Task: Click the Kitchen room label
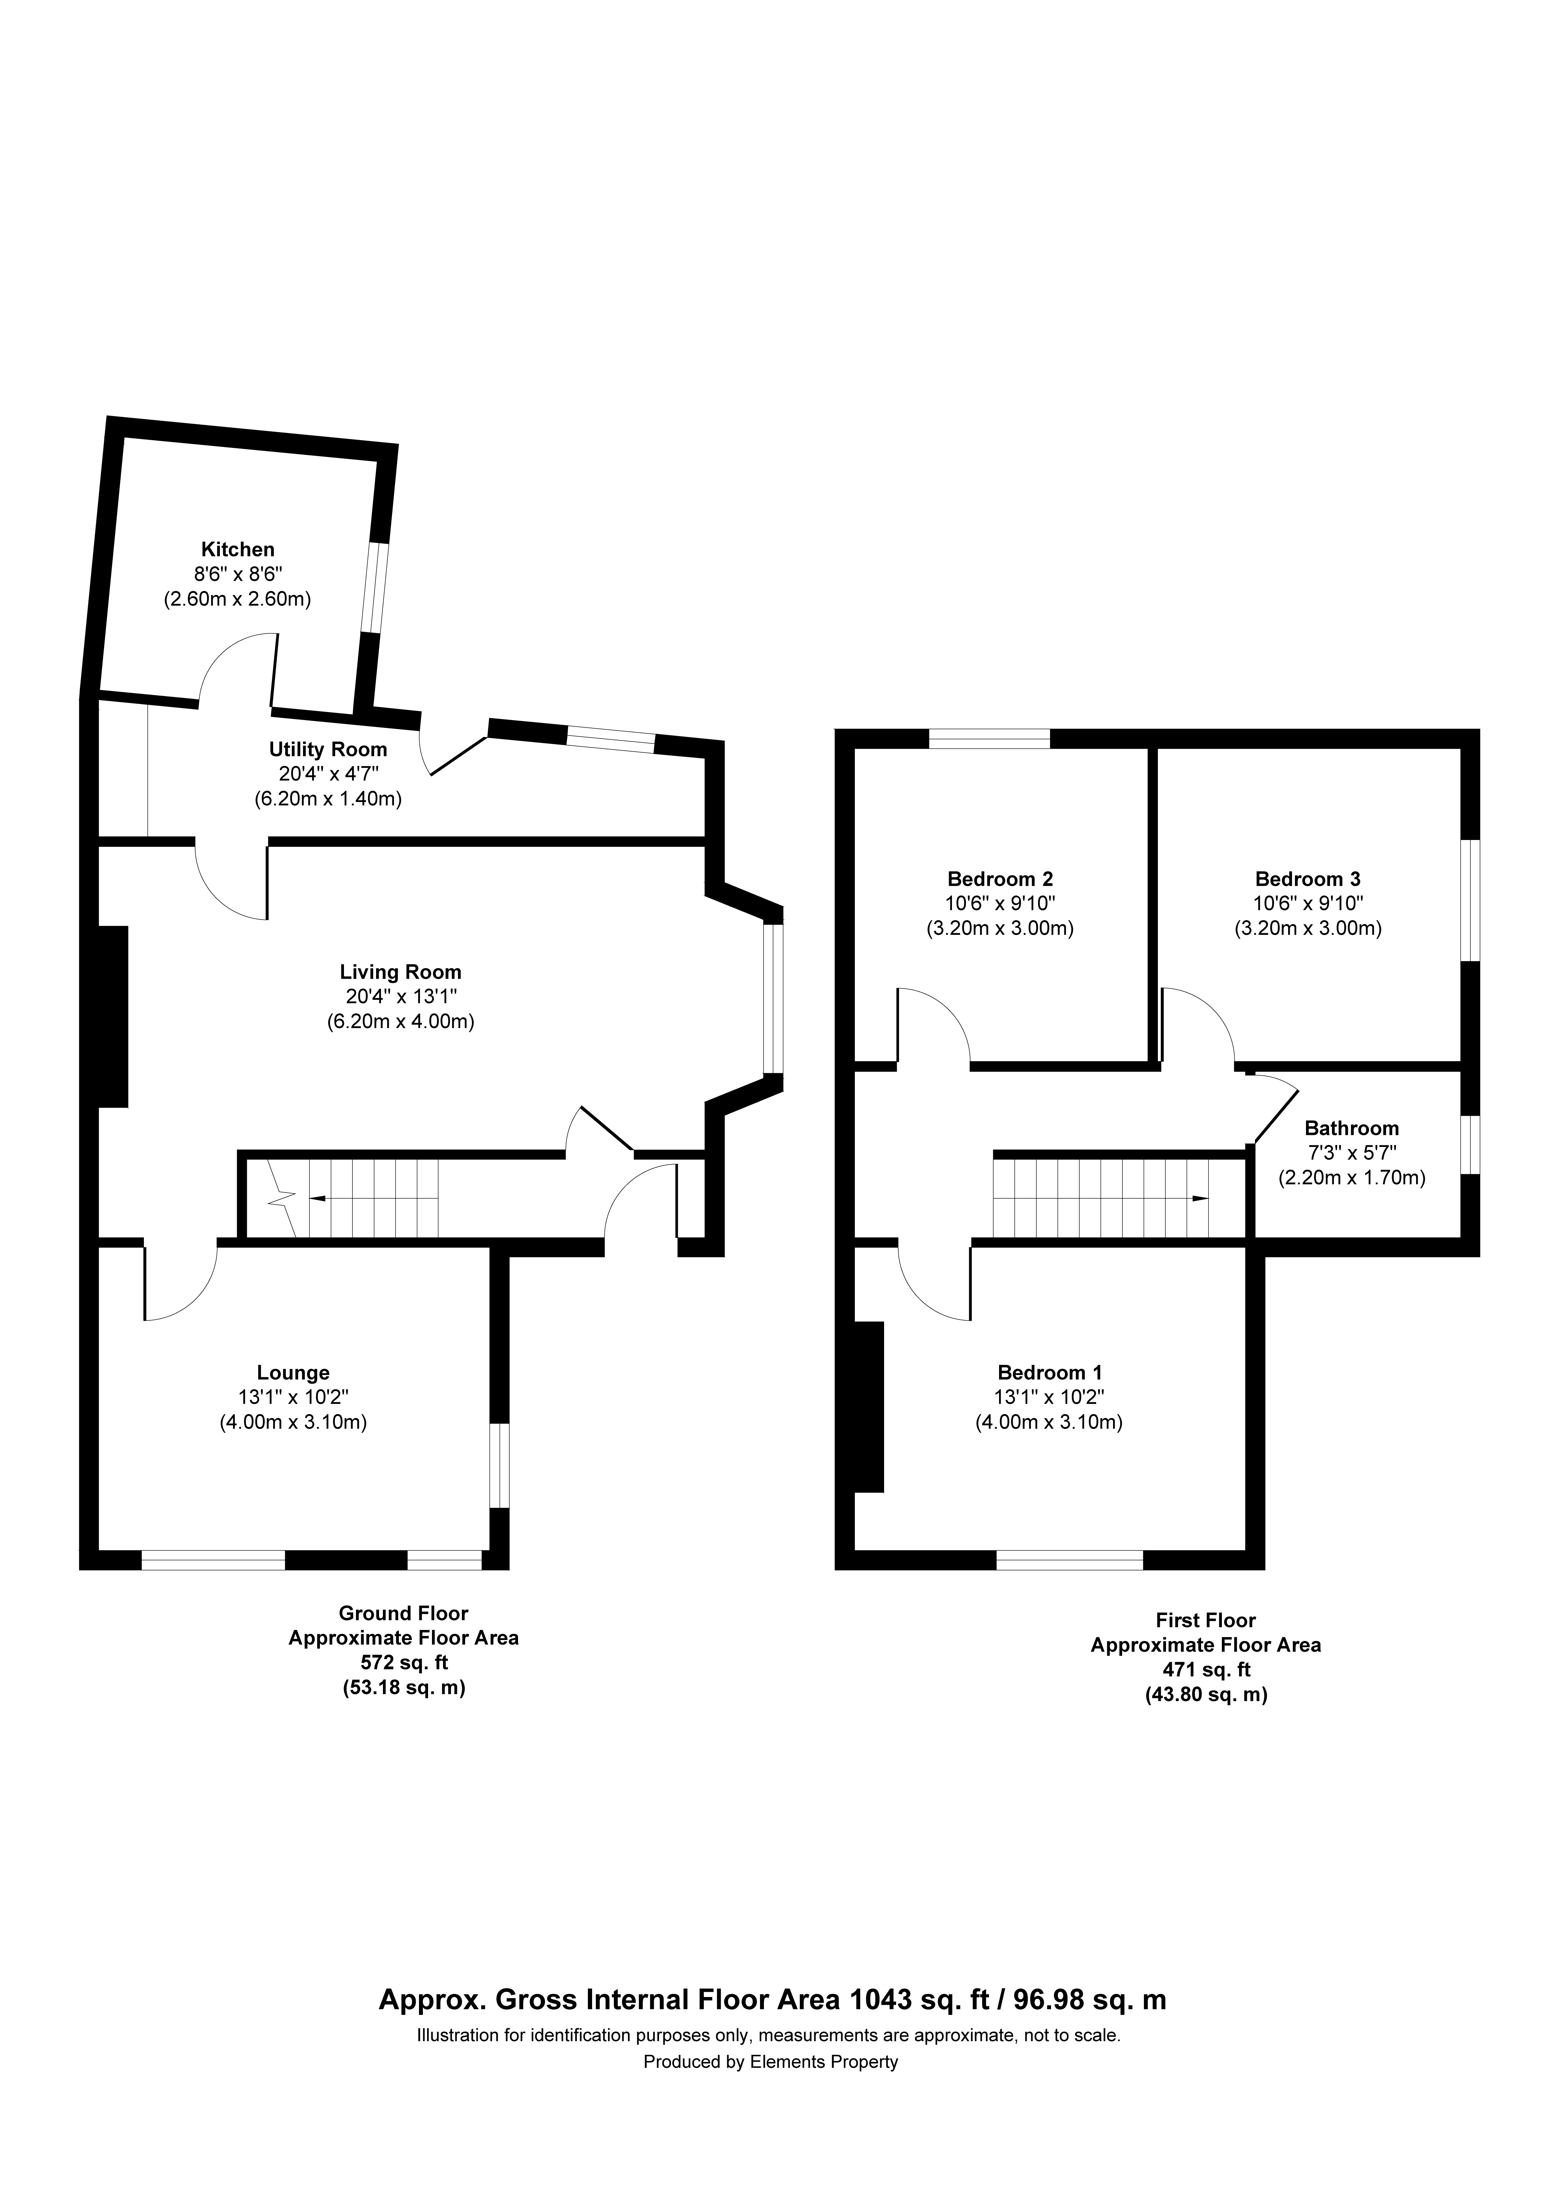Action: pos(237,550)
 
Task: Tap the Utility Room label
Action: pos(328,750)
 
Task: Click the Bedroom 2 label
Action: pos(1000,879)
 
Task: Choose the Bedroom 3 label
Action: pos(1308,879)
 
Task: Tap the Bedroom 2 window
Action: pos(989,739)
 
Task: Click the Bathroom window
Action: pos(1471,1144)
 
